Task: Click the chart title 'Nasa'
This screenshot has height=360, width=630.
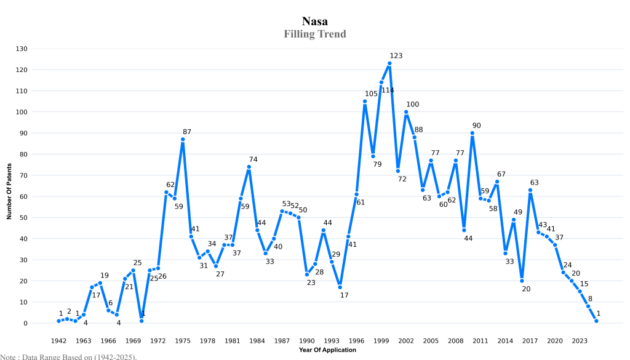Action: [x=314, y=22]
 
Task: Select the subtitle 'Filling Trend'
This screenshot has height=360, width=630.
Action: [x=314, y=34]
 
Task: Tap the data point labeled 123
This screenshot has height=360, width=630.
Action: [x=389, y=63]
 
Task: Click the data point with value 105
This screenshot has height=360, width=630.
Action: [x=365, y=102]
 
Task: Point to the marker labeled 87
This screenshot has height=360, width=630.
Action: [x=183, y=139]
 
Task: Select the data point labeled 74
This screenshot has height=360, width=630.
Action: [x=249, y=167]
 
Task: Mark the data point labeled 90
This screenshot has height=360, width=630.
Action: [x=472, y=133]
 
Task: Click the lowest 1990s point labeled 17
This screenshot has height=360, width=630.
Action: [x=340, y=287]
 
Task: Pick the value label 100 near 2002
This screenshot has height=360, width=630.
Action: [x=412, y=105]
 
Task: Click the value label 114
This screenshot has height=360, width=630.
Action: [x=388, y=90]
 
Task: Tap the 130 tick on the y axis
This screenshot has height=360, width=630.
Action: [x=21, y=49]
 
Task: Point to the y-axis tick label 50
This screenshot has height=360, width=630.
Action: [x=23, y=218]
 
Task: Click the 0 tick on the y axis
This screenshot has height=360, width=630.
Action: [x=25, y=323]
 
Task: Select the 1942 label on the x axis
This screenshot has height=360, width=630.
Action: [x=58, y=340]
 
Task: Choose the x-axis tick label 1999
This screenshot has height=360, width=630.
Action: [x=381, y=340]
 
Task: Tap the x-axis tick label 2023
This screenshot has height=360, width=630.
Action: [x=580, y=340]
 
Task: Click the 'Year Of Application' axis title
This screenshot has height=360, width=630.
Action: [x=327, y=350]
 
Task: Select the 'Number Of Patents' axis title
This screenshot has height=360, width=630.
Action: [x=9, y=186]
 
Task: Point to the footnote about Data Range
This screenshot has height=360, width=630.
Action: [x=68, y=356]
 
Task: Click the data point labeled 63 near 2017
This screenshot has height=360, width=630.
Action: [x=530, y=190]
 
